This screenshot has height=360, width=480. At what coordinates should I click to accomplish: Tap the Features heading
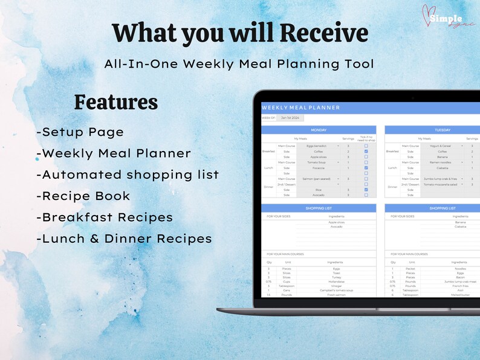[115, 102]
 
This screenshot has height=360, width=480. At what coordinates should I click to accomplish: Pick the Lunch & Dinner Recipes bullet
[124, 239]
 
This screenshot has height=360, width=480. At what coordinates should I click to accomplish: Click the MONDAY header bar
[319, 130]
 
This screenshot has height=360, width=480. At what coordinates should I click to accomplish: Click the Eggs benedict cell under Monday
[318, 146]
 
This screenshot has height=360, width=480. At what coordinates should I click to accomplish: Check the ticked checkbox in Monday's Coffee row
[366, 152]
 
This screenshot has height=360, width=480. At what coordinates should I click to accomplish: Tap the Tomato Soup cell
[318, 162]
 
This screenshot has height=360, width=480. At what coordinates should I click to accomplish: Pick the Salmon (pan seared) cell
[318, 179]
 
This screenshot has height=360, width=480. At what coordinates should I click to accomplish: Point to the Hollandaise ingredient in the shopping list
[336, 280]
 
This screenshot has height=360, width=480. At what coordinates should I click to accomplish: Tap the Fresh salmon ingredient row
[336, 295]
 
